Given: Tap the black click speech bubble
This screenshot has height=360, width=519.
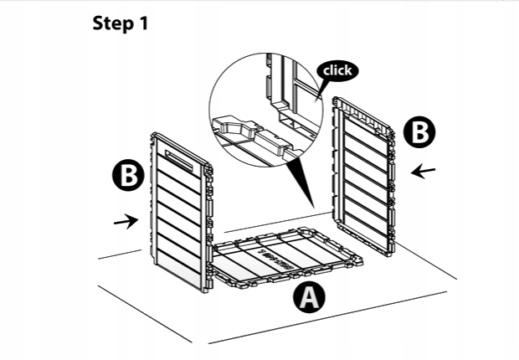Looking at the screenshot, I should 337,70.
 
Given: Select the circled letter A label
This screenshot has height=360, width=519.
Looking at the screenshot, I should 310,298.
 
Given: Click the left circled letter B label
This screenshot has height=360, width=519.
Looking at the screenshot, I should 128,177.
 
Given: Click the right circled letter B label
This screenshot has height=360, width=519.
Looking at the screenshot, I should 419,133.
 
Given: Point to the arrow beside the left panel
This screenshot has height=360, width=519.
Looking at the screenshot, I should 126,222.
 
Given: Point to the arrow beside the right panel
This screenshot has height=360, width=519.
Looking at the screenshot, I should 424,171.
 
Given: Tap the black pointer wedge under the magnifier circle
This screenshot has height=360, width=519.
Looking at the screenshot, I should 297,180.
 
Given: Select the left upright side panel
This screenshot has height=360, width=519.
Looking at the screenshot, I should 177,213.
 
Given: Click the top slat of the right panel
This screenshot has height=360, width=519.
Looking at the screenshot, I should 363,122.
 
